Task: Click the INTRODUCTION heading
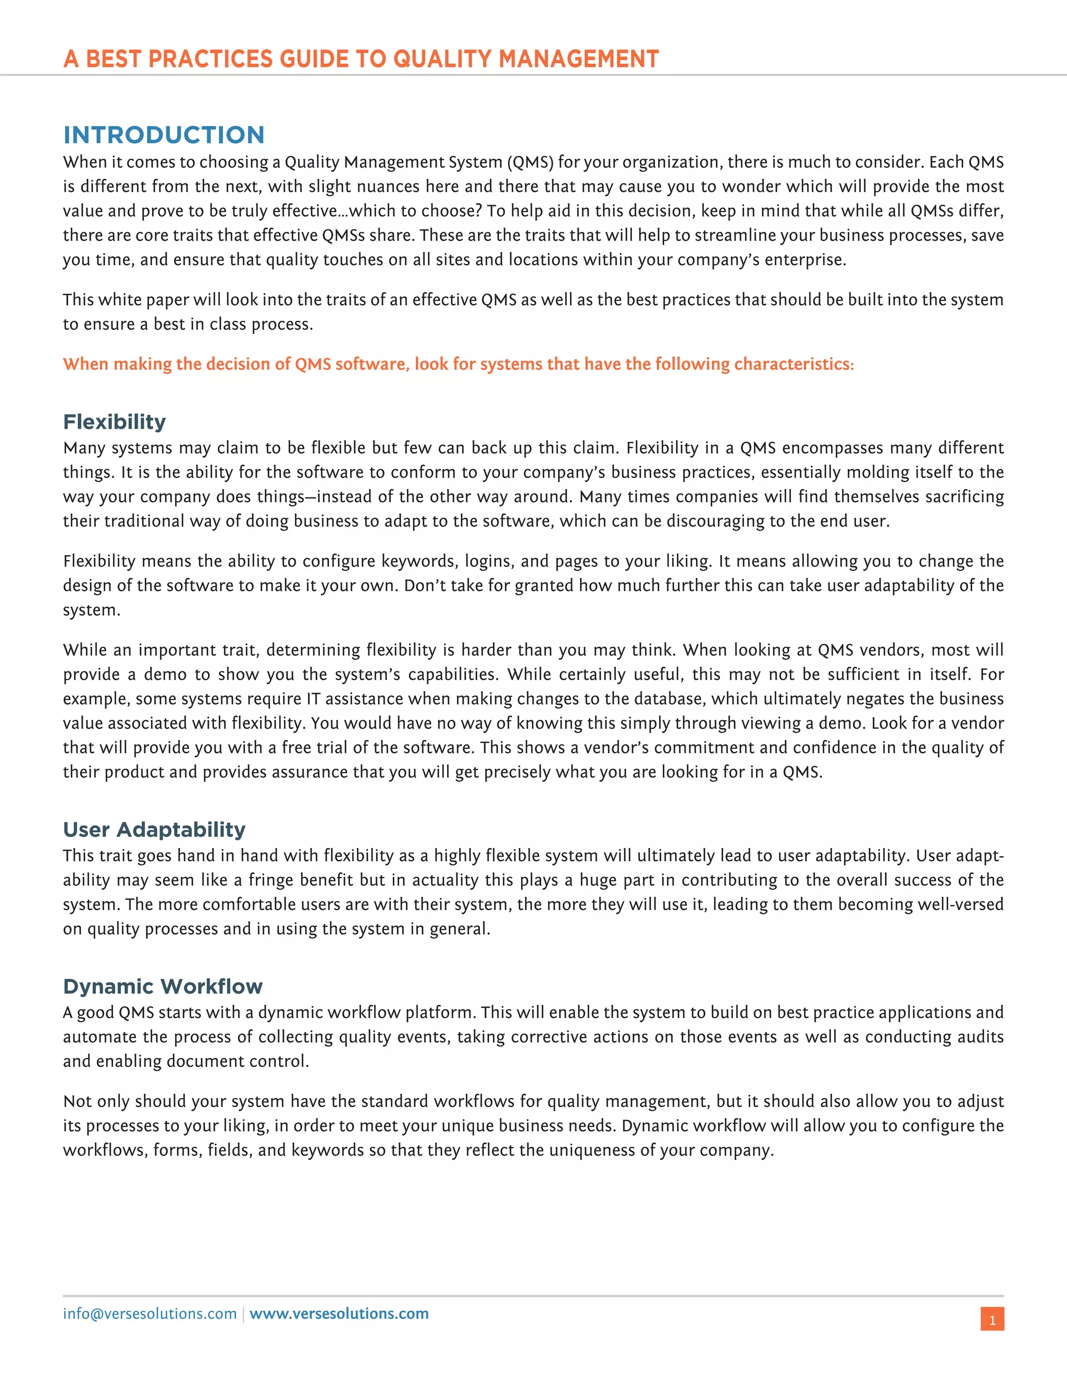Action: coord(164,134)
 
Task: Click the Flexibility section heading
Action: coord(115,421)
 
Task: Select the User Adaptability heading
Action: coord(154,829)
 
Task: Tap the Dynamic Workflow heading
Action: coord(163,986)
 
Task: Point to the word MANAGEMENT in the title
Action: coord(578,59)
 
